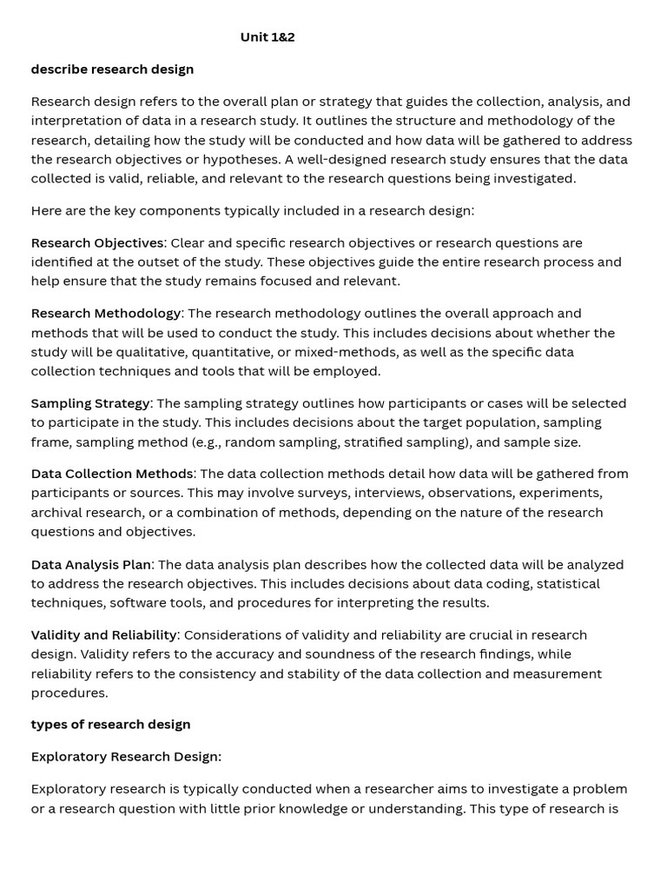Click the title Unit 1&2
[267, 37]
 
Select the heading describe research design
[112, 70]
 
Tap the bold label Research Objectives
[96, 242]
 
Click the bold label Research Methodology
[106, 313]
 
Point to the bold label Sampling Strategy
[90, 403]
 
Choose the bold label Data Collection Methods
[112, 474]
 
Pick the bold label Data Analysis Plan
[91, 565]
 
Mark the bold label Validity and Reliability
[104, 635]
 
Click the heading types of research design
[110, 725]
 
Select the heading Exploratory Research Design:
[126, 757]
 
